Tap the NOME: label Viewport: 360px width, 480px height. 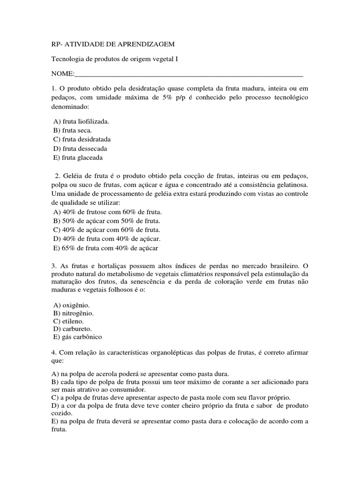point(62,74)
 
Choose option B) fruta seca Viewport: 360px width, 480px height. point(73,130)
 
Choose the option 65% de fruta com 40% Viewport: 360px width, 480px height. point(106,247)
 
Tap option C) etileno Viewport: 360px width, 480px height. point(68,321)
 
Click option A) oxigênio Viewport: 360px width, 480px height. point(72,305)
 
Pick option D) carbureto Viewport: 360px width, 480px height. point(72,329)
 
